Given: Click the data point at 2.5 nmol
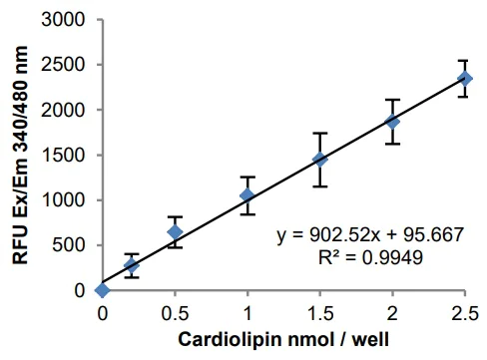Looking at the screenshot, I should coord(464,78).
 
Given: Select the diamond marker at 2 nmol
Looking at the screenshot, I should coord(392,122).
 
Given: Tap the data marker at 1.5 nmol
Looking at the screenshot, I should coord(319,159).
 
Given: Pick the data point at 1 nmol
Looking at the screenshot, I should coord(246,194).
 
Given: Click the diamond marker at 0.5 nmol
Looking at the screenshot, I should coord(175,232).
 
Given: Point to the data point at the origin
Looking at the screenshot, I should coord(102,290).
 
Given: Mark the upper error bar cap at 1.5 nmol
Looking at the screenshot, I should coord(319,133).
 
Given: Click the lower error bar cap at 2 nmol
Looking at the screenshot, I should coord(392,144).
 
